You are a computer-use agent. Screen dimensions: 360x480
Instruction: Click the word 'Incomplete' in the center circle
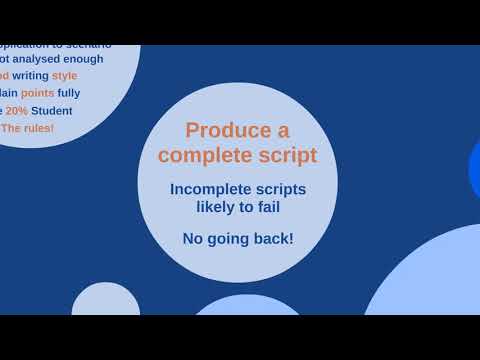tap(210, 189)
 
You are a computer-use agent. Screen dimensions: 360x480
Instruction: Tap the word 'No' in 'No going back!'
tap(193, 239)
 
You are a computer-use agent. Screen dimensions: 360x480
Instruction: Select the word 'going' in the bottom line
tap(229, 239)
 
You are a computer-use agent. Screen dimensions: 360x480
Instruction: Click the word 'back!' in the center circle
tap(274, 239)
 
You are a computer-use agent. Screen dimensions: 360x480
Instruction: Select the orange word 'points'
tap(38, 93)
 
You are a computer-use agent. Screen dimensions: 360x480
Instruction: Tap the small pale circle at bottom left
tap(105, 301)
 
